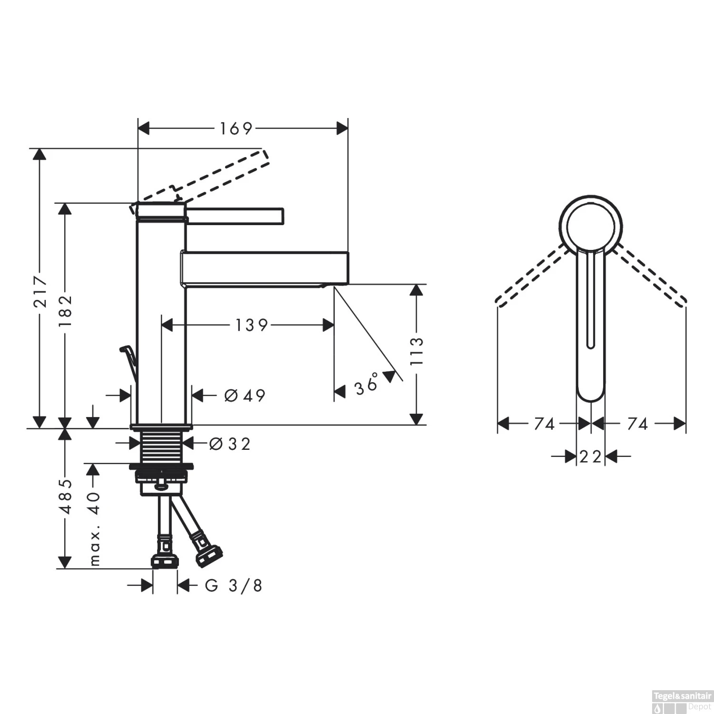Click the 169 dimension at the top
pyautogui.click(x=236, y=129)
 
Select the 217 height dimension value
pyautogui.click(x=41, y=291)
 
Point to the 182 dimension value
pyautogui.click(x=66, y=310)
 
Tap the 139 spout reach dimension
pyautogui.click(x=251, y=325)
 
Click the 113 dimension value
pyautogui.click(x=416, y=351)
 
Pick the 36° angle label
pyautogui.click(x=367, y=384)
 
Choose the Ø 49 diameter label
pyautogui.click(x=245, y=395)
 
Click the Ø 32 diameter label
pyautogui.click(x=230, y=444)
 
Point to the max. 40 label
pyautogui.click(x=95, y=528)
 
